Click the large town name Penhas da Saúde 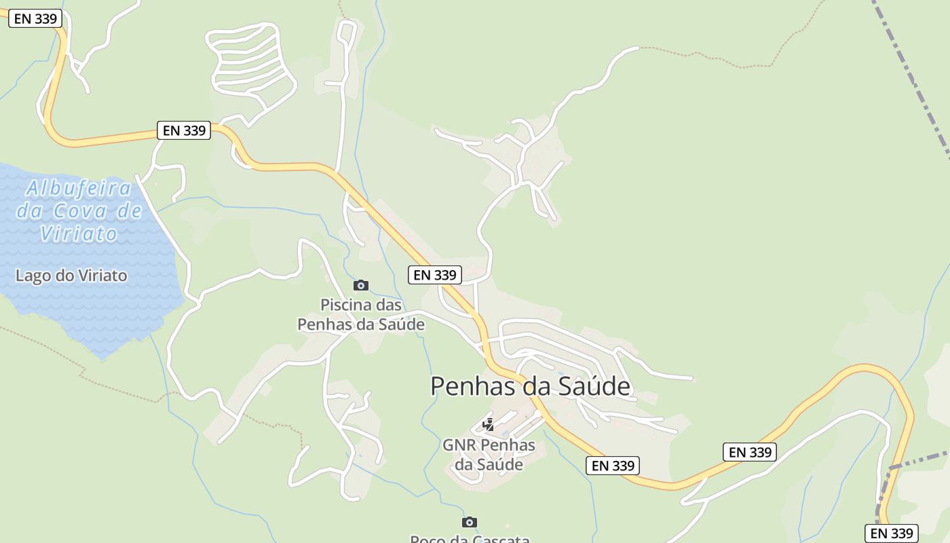530,386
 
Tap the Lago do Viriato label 71,276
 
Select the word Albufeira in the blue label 79,188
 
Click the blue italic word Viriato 79,234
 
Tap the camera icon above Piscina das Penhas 361,285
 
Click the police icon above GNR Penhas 488,425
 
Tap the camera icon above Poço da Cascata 469,522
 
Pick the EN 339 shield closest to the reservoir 184,130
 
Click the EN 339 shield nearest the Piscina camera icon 435,275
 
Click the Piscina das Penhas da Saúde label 361,315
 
